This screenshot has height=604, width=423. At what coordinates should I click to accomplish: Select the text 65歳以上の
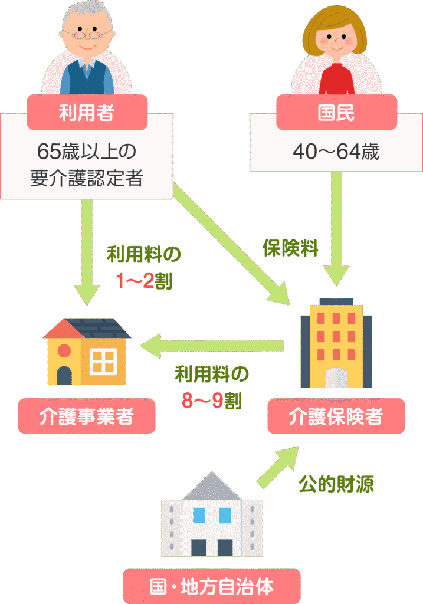pos(86,152)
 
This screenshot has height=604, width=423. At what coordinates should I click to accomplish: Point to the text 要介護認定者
pos(86,178)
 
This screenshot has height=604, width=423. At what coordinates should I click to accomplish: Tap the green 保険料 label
pos(290,248)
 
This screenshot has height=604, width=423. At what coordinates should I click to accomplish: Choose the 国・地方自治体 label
pos(211,587)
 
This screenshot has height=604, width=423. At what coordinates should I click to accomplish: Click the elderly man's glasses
pos(86,34)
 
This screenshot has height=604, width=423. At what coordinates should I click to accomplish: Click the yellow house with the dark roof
pos(86,352)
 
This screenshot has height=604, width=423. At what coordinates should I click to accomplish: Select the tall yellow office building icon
pos(336,345)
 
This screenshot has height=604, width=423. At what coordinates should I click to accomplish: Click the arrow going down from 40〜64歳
pos(336,230)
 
